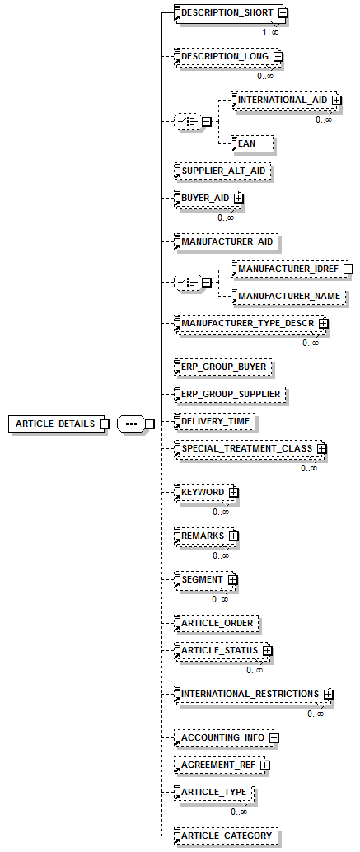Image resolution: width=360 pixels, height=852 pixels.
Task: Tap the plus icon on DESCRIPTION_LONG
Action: pos(278,56)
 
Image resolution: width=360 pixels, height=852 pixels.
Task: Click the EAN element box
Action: pos(250,143)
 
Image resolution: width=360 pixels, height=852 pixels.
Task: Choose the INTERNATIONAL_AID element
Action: pos(283,100)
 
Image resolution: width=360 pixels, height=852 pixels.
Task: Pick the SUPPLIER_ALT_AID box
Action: pos(222,171)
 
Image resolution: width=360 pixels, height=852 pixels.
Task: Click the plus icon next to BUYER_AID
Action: pos(239,198)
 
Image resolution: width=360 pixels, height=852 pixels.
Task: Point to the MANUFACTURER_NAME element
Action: pos(288,296)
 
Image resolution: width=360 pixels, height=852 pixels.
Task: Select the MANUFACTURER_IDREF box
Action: pos(288,269)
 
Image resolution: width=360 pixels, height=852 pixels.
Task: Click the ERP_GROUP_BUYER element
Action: pos(222,367)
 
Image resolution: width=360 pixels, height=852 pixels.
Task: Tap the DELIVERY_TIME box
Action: pos(214,421)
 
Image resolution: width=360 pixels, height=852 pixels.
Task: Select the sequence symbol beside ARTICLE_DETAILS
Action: pos(132,424)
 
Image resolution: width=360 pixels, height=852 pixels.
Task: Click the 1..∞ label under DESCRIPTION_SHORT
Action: pos(270,32)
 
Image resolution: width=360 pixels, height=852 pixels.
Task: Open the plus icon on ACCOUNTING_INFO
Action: pos(274,738)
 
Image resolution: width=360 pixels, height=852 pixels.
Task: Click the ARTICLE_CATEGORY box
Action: pos(226,836)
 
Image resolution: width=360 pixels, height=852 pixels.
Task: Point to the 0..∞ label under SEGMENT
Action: pos(220,599)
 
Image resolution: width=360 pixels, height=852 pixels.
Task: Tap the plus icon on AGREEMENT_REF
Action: pos(264,765)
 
